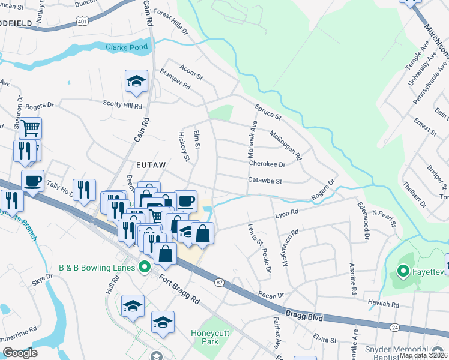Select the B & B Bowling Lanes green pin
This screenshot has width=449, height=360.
(144, 266)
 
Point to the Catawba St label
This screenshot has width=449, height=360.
(265, 179)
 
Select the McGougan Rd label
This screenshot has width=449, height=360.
(285, 145)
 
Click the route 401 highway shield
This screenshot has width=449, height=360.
(82, 21)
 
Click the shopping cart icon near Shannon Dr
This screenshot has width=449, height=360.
(30, 127)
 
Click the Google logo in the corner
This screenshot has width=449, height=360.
(19, 353)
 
